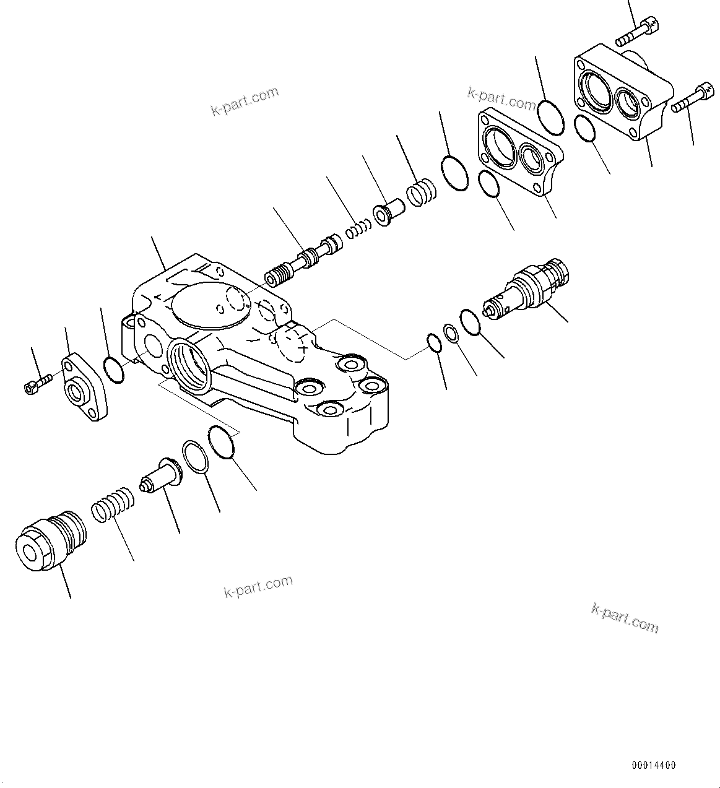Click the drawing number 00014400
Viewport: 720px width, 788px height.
(654, 765)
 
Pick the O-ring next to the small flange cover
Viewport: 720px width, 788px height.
(114, 370)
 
